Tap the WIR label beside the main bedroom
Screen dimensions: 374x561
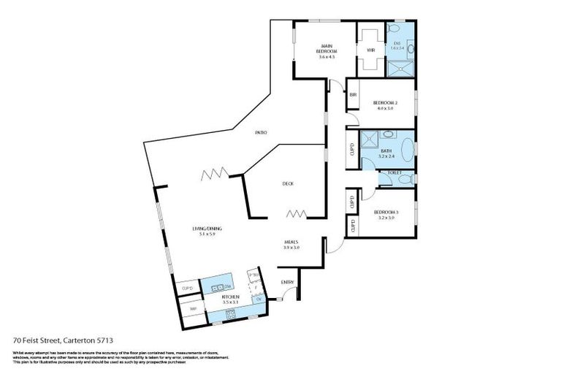click(370, 50)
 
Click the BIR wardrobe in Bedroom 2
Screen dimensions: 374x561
click(353, 94)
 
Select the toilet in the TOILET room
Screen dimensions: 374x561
click(406, 178)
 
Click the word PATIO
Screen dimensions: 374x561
click(260, 132)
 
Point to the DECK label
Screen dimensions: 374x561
click(288, 183)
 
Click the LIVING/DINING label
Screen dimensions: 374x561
click(207, 229)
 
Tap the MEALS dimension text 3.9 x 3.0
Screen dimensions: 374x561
click(291, 248)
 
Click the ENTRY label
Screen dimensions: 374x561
click(288, 282)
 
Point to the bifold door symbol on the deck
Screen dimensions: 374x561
click(297, 214)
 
